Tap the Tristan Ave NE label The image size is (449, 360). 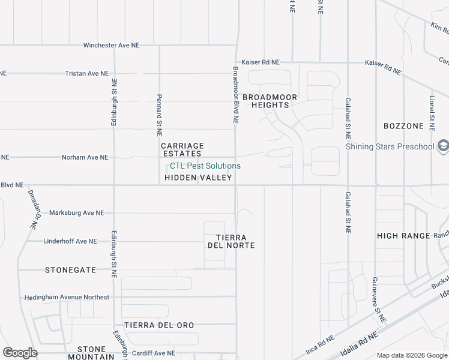[87, 73]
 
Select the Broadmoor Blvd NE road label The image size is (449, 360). [236, 95]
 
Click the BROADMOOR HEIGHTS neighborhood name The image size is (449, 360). [266, 101]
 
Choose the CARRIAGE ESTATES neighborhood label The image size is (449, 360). [182, 149]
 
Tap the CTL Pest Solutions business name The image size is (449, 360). [205, 166]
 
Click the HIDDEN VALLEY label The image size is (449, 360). [198, 178]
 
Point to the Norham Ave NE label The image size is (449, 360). [85, 157]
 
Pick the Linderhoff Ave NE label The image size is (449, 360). [70, 241]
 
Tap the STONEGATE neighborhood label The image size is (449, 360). [70, 270]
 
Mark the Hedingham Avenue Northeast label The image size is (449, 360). [67, 298]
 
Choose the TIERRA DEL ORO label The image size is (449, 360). [159, 325]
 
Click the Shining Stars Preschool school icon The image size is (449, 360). [443, 146]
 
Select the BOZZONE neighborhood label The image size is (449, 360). [403, 126]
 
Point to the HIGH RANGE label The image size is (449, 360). [404, 236]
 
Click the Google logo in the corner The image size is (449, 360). [20, 352]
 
